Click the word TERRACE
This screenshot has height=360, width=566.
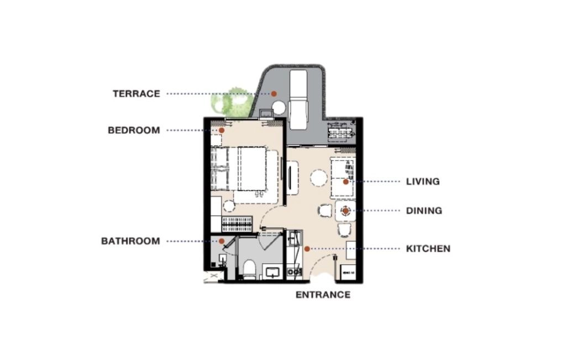tap(137, 94)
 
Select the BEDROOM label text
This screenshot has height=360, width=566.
tap(134, 131)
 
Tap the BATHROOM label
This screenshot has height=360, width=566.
tap(130, 241)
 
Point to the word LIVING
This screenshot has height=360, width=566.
tap(423, 181)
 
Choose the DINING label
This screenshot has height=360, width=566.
tap(424, 211)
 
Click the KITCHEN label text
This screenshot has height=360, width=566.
tap(428, 249)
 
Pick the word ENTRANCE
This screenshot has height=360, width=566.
tap(323, 295)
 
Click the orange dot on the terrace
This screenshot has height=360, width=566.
tap(274, 94)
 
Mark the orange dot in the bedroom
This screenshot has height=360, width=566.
tap(222, 131)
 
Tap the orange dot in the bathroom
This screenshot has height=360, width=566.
tap(222, 241)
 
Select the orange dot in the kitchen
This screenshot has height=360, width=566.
tap(307, 249)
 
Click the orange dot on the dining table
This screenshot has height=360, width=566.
tap(346, 211)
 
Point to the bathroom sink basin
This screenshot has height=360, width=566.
tap(272, 271)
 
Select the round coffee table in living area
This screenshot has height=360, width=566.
tap(319, 178)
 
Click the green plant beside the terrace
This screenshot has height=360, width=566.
tap(232, 101)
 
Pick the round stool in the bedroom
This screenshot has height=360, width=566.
tap(229, 206)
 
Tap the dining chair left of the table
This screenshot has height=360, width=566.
tap(324, 211)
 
